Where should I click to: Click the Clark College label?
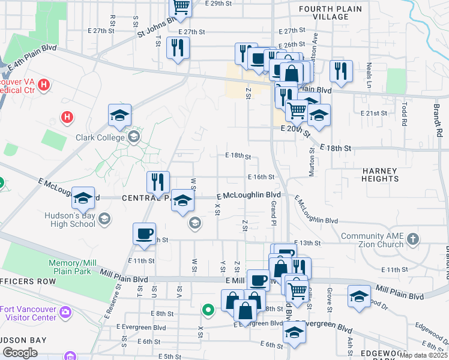[x=100, y=137]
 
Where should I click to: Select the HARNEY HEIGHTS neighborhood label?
[x=380, y=175]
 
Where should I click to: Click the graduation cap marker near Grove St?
[x=359, y=296]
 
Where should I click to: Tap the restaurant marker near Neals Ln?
[x=339, y=71]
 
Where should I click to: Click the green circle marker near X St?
[x=208, y=310]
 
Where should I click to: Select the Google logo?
[x=20, y=353]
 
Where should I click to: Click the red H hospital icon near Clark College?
[x=68, y=116]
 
